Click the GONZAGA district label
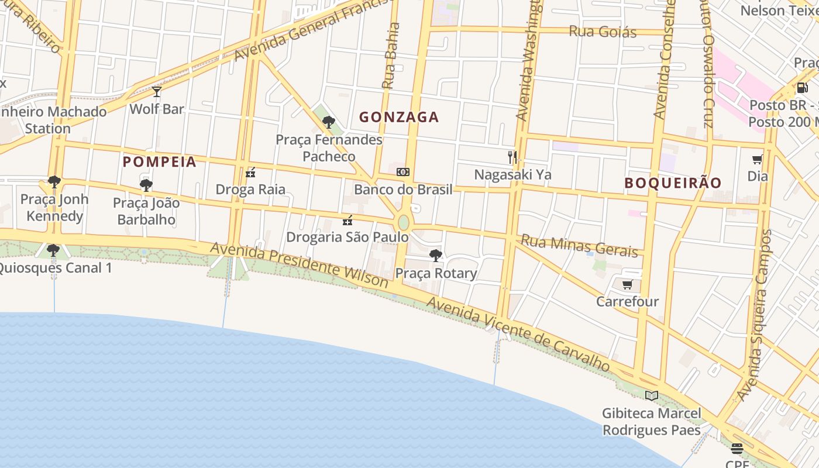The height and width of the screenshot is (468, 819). coord(398,117)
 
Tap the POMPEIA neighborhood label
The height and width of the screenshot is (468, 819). coord(159,161)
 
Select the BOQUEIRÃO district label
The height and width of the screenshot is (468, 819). coord(673,183)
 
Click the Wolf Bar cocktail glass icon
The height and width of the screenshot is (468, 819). coord(156,92)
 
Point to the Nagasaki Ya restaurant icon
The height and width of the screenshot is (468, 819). coord(512,157)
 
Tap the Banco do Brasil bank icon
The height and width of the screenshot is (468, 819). coord(403,172)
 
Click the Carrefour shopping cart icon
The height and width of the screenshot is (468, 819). coord(627,285)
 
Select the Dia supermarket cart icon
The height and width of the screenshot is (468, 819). coord(758,159)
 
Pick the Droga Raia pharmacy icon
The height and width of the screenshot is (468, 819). coord(250,172)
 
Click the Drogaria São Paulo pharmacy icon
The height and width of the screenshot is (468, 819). coord(347,221)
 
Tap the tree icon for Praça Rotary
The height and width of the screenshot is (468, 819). coord(435,255)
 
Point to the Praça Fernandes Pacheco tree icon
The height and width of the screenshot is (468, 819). coord(329,122)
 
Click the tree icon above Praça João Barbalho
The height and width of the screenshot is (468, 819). coord(146,185)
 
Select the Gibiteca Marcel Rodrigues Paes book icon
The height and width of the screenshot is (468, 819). coord(651,396)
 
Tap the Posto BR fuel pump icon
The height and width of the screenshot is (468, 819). coord(802,88)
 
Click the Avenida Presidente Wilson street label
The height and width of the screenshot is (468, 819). coord(299,266)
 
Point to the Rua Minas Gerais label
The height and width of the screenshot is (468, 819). coord(579,246)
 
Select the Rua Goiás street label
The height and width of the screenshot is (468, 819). coord(603,32)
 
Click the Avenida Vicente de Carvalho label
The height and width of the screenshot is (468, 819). coord(518,334)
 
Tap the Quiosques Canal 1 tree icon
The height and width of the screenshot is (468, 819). coord(53,250)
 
